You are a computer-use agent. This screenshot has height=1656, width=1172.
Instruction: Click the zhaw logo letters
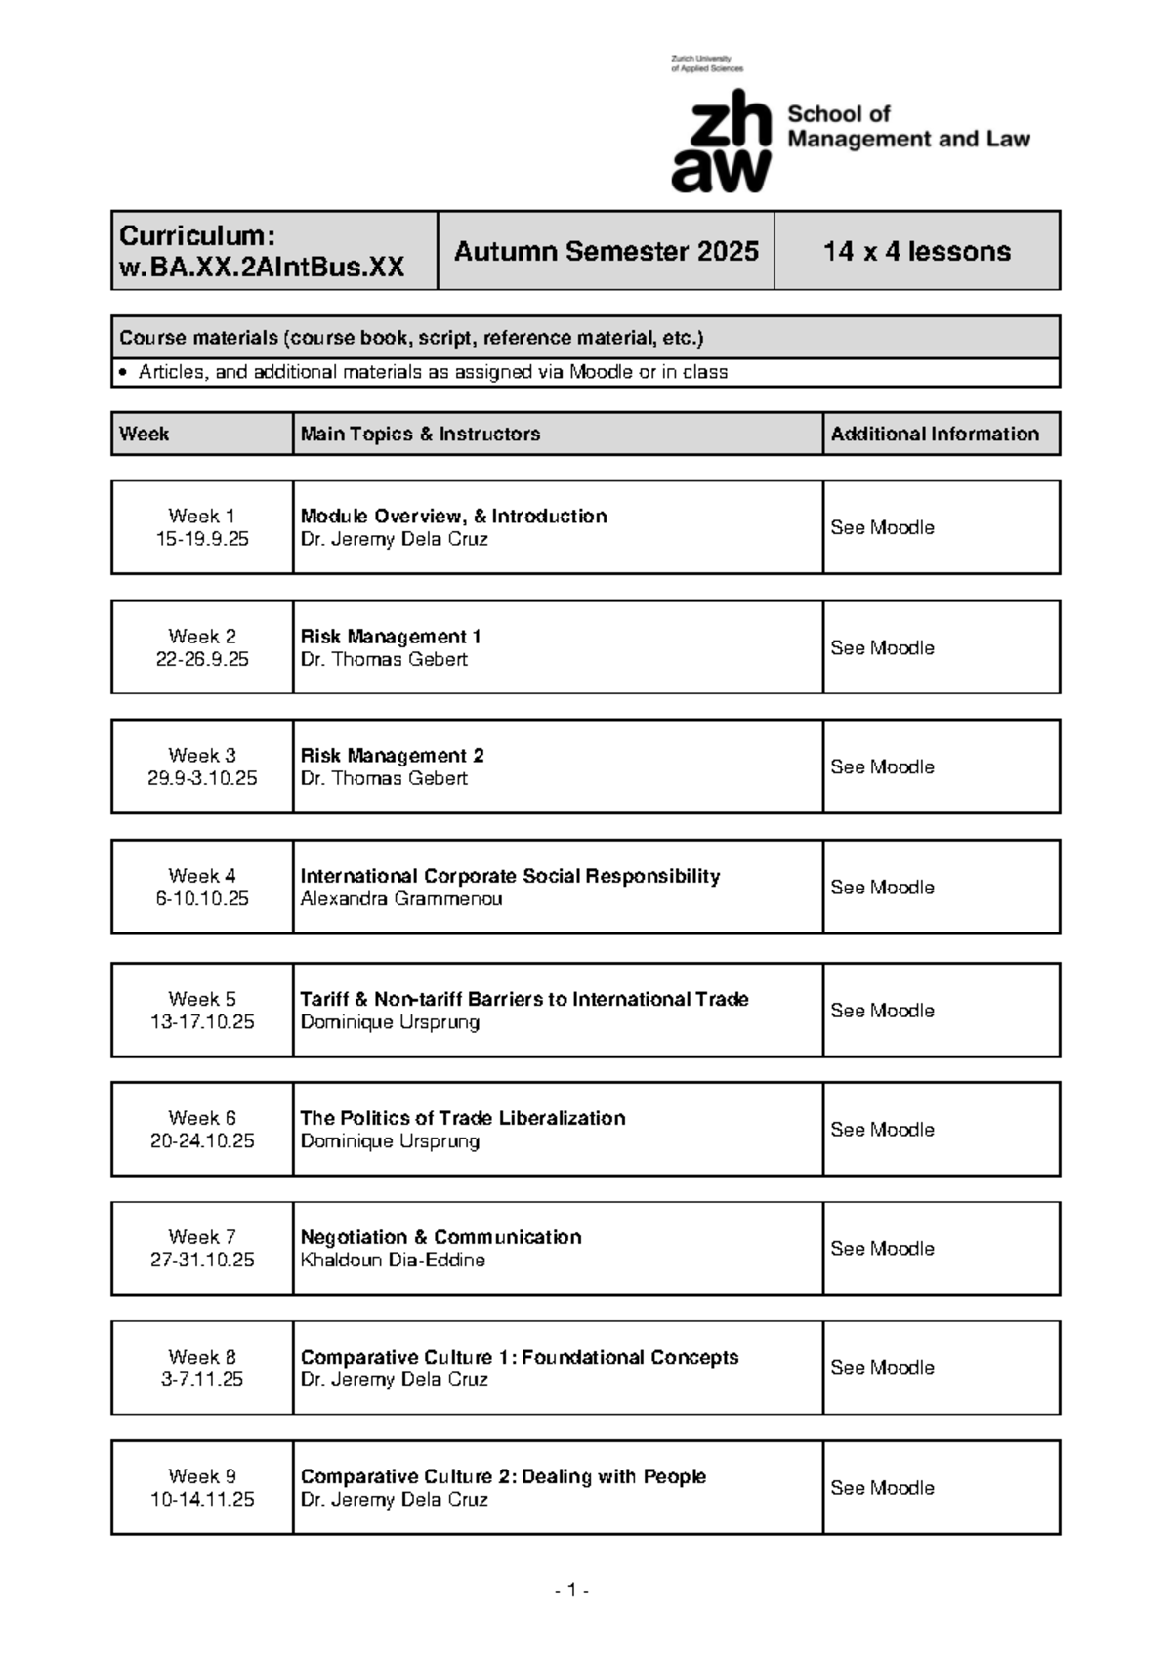721,142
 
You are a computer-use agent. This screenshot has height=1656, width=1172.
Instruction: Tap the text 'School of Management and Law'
907,127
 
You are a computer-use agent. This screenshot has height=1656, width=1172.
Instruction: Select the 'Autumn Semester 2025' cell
606,251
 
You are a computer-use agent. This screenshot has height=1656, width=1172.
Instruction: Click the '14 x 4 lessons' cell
916,251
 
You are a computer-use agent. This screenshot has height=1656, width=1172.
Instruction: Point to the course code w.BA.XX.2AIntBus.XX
261,268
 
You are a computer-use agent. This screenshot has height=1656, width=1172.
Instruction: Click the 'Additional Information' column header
935,434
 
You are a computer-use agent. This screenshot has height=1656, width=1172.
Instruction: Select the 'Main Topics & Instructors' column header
420,434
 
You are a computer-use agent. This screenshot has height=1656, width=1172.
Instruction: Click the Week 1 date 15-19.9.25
202,539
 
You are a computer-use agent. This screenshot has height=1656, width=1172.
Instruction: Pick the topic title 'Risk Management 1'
391,637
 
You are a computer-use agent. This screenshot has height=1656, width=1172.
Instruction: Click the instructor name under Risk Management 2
384,778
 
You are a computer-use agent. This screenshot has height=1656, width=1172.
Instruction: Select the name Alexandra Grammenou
400,898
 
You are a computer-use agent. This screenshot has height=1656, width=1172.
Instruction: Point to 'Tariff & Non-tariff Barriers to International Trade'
524,999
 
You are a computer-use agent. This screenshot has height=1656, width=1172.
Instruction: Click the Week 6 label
202,1118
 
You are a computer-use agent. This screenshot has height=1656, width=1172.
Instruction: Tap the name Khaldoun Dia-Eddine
393,1260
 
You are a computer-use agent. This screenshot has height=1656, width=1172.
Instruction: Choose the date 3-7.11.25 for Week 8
202,1379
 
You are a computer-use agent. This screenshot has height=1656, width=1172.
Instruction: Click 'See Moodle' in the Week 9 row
882,1487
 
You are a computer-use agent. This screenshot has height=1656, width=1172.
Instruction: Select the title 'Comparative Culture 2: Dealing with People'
503,1476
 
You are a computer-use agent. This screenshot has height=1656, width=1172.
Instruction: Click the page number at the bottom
572,1591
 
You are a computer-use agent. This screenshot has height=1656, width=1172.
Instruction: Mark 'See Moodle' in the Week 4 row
882,887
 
